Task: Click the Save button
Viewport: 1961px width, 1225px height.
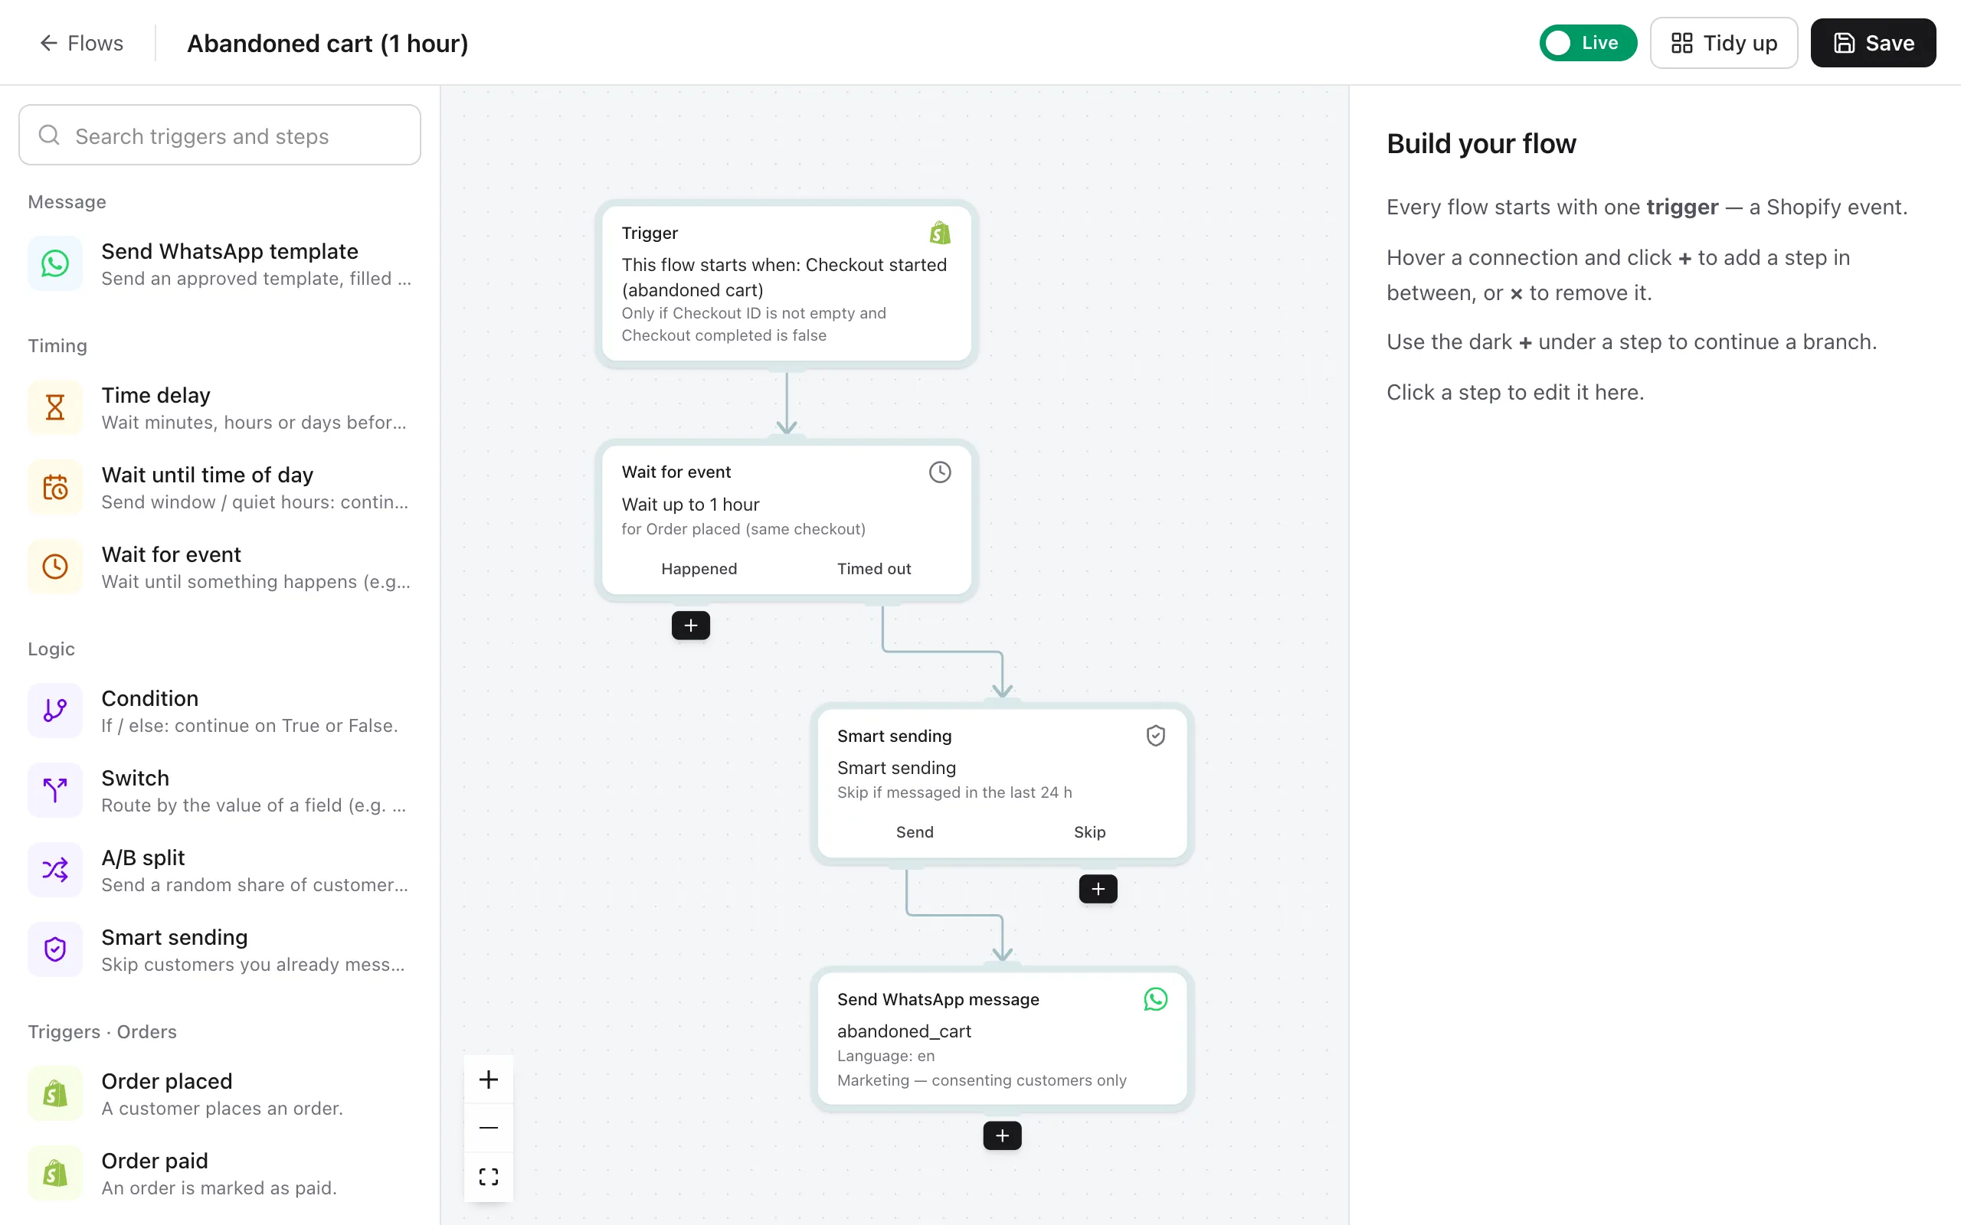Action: click(1873, 43)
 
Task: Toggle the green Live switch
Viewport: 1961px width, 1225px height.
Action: click(1587, 43)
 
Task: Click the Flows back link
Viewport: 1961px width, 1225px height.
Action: click(81, 43)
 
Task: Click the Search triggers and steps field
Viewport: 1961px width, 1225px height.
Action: click(220, 136)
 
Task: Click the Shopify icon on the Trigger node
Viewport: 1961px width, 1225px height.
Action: click(940, 234)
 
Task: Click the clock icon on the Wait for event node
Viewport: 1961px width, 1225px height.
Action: click(940, 472)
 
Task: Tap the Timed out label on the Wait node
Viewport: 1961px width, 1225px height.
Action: click(873, 569)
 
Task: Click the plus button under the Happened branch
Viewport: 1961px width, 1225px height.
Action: click(690, 626)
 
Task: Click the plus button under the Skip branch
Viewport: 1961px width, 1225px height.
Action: click(1098, 889)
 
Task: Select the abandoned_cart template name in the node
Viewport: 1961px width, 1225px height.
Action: click(904, 1031)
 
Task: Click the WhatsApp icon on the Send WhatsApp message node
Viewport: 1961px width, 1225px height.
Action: click(1155, 1000)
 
